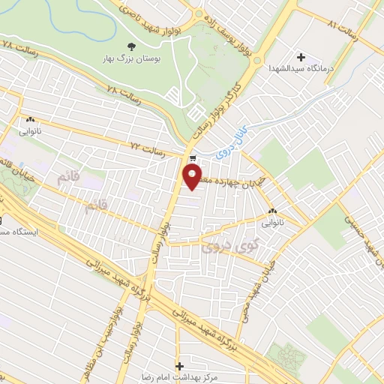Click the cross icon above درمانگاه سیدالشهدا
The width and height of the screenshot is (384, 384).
(x=301, y=57)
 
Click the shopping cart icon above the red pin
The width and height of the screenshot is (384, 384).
(x=193, y=157)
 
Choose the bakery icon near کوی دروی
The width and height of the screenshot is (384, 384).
(x=272, y=212)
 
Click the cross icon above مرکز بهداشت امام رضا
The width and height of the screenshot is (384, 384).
(x=178, y=357)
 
